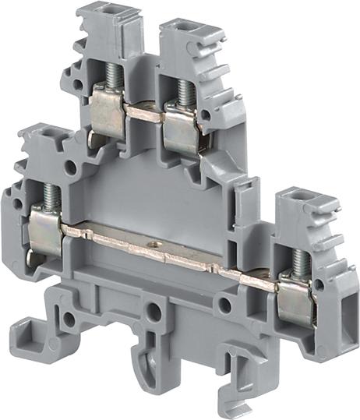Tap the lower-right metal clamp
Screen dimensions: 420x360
coord(295,297)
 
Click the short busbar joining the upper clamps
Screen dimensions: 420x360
coord(145,114)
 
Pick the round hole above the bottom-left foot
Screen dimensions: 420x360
coord(69,318)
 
